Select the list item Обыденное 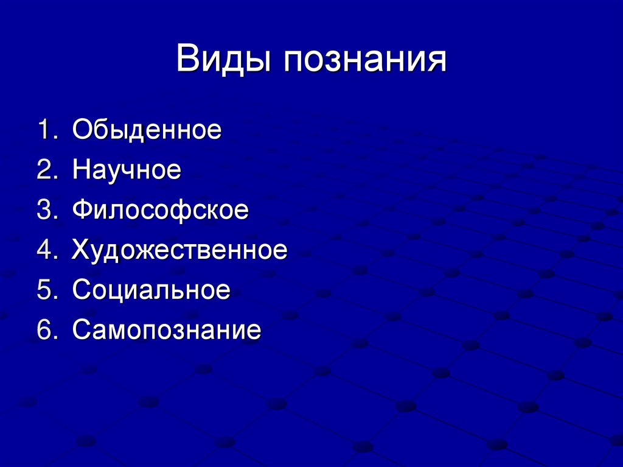(147, 130)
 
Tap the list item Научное (127, 170)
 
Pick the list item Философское (160, 210)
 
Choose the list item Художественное (179, 250)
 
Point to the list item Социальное (151, 290)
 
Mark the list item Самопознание (167, 330)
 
